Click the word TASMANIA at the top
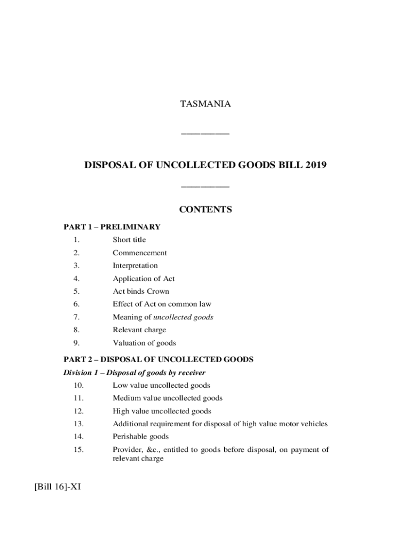205,104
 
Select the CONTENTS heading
205,209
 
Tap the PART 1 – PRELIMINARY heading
112,227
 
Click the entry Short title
129,240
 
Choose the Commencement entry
139,253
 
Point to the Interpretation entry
135,265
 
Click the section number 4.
77,278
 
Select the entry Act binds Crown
140,291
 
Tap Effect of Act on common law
162,304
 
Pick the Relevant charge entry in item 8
139,330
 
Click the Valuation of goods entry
144,343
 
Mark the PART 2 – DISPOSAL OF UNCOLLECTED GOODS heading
159,360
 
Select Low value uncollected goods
161,385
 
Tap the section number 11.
78,398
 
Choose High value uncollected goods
162,411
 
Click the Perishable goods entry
140,436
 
